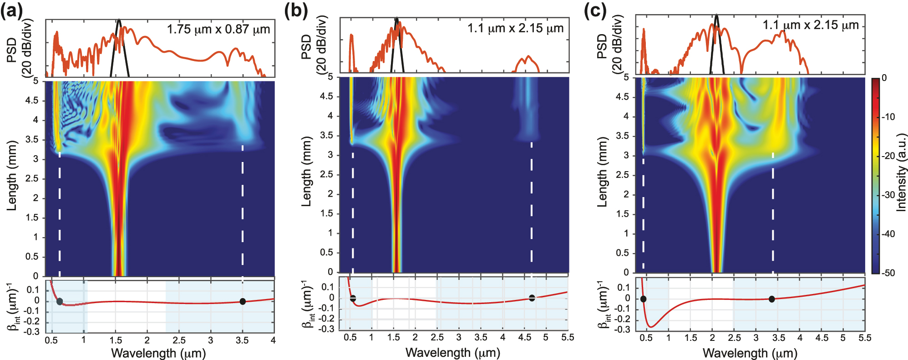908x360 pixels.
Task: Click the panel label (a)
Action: coord(11,10)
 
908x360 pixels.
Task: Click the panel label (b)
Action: coord(295,10)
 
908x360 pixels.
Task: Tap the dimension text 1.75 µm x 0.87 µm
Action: coord(218,30)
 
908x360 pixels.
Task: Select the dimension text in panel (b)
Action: coord(515,28)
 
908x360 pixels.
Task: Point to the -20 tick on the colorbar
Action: coord(888,156)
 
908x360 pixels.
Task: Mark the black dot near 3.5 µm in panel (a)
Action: coord(243,301)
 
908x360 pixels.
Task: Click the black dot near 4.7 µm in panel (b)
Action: coord(532,298)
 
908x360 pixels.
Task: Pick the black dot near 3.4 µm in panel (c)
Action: coord(771,299)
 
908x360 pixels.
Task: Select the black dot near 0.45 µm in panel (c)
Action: coord(643,299)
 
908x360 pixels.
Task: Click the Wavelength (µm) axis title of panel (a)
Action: coord(158,353)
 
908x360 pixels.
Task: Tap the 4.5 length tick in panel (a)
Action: coord(32,101)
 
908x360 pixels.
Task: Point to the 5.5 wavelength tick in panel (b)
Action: coord(568,337)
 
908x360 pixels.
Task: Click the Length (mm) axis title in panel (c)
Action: coord(602,172)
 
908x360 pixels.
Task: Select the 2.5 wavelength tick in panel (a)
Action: coord(179,340)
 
